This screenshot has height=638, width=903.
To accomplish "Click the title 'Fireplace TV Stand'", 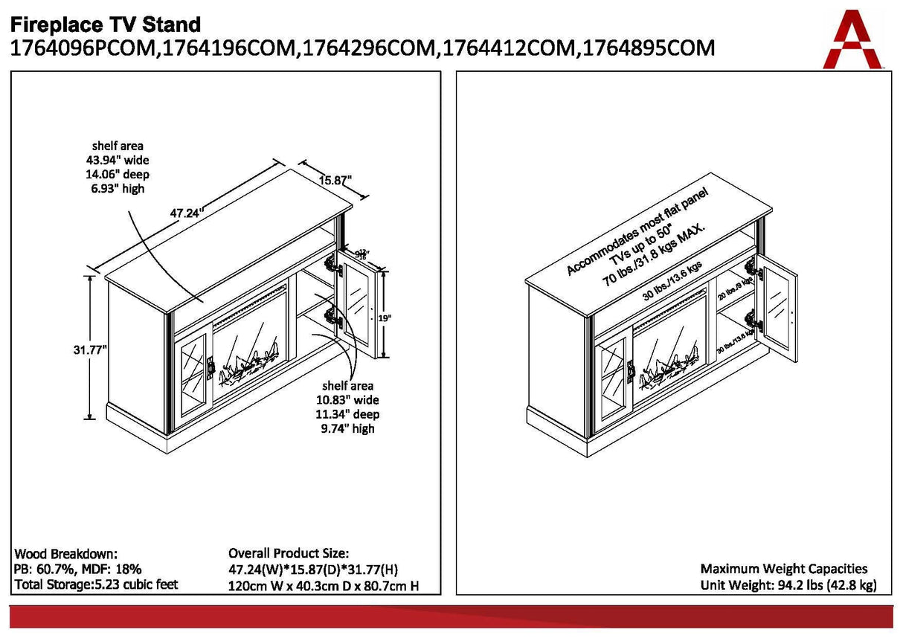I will coord(106,24).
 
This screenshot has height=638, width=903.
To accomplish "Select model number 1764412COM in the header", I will coord(507,48).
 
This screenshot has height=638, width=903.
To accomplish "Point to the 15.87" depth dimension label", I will coord(335,180).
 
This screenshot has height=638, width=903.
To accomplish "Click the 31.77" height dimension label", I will coord(90,348).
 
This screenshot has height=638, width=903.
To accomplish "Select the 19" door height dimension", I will coord(384,317).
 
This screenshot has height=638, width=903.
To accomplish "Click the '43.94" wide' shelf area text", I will coord(118,160).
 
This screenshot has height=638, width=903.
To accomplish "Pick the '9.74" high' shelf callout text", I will coord(348,428).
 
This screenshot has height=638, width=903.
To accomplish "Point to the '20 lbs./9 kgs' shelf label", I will coord(736,288).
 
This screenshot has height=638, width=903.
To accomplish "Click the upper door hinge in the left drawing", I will coord(331,264).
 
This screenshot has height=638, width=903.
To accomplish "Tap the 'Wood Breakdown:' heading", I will coord(66,555).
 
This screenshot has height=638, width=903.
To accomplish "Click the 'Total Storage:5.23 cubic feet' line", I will coord(97,584).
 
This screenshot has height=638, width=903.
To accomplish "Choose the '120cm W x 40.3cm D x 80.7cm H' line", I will coord(324,586).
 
